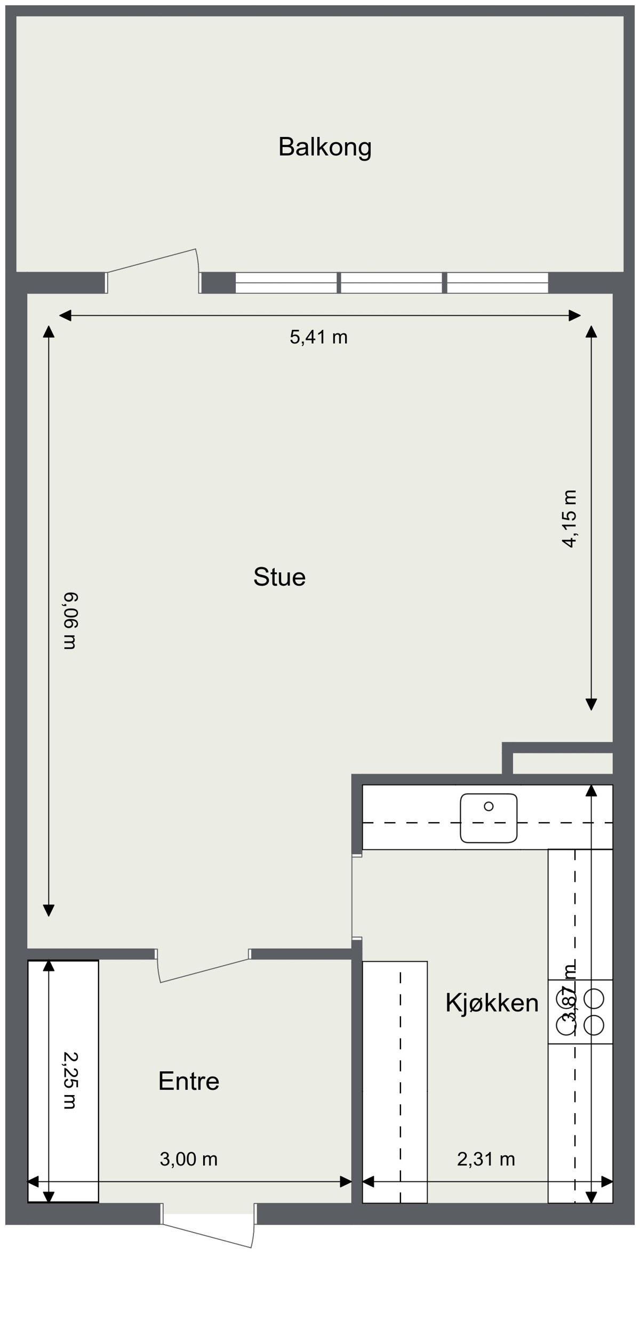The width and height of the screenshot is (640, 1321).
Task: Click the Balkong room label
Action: [325, 147]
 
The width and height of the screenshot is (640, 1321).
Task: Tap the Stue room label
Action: [279, 577]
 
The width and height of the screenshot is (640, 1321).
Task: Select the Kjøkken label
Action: [492, 1003]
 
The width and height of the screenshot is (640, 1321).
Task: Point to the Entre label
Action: [189, 1081]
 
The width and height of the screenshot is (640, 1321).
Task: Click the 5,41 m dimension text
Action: [318, 337]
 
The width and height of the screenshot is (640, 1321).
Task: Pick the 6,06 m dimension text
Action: [70, 620]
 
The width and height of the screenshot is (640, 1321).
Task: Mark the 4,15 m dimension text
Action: [570, 518]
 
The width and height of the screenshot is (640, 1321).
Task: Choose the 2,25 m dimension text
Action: [70, 1080]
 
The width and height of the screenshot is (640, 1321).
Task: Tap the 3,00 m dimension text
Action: [189, 1159]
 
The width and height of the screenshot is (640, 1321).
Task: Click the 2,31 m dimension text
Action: [486, 1159]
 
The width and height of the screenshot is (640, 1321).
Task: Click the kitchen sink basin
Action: [489, 818]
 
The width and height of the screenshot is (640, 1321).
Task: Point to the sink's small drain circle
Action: [489, 806]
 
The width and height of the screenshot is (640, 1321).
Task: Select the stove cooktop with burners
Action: [580, 1011]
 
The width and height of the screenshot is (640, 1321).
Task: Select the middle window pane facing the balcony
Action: [391, 282]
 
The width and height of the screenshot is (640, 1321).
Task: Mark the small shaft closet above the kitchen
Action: [562, 763]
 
